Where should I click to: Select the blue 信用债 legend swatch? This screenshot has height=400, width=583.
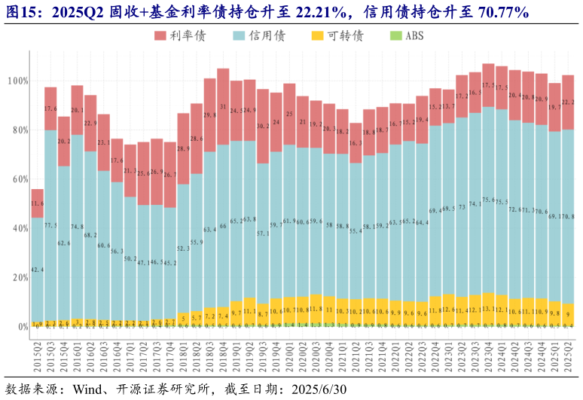point(239,35)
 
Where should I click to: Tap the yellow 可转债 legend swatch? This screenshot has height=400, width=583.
point(317,35)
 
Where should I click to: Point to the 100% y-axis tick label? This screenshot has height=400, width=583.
point(17,81)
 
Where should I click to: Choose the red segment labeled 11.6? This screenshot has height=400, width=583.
point(38,203)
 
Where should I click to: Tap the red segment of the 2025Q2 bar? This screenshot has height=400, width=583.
point(568,102)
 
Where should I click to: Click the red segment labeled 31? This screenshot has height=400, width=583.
point(223,107)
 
